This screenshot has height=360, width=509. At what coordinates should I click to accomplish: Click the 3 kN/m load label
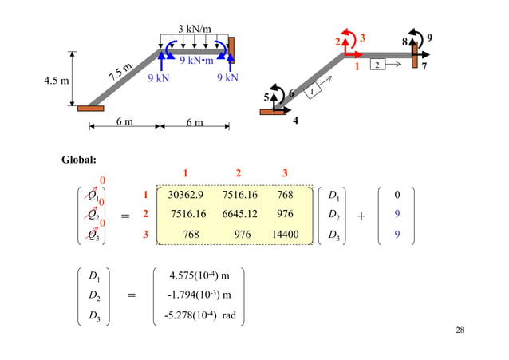(194, 30)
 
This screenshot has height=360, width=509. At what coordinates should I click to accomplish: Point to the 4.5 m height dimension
(54, 81)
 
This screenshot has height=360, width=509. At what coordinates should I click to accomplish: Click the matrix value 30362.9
(187, 193)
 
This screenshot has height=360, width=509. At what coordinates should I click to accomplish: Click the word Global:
(79, 160)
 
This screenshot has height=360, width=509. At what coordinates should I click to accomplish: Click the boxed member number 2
(378, 64)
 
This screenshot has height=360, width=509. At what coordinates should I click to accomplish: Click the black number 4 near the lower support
(295, 121)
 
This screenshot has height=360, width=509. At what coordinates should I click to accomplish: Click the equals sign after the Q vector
(125, 216)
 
